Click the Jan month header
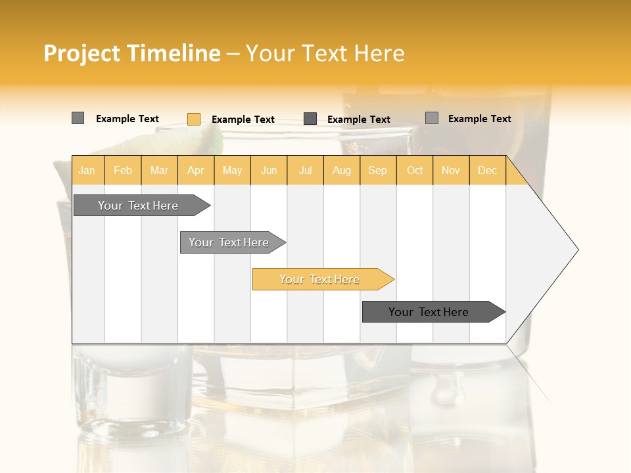(87, 170)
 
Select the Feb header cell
(123, 170)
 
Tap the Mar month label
(159, 170)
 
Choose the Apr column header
(195, 170)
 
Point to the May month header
(232, 170)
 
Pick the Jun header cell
(269, 170)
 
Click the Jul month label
(305, 170)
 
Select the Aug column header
(341, 170)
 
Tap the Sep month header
(377, 170)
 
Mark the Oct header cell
(415, 170)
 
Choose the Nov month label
(451, 170)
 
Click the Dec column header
(487, 170)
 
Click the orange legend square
(194, 119)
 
